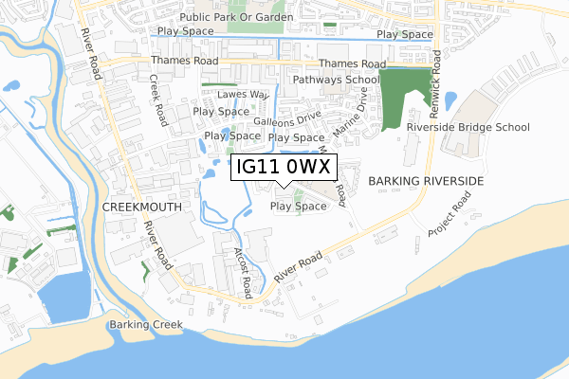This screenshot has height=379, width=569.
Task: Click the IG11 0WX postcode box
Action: pos(284,167)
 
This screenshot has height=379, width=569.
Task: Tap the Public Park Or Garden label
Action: pos(229,18)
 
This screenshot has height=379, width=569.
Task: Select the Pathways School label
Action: pos(336,81)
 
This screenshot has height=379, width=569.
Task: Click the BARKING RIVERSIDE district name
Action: pos(426,180)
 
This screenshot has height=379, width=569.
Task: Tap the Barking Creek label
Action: pos(140,325)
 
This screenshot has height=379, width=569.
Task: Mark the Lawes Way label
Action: pos(244,96)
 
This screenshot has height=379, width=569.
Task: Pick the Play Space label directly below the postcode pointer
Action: pos(298,206)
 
